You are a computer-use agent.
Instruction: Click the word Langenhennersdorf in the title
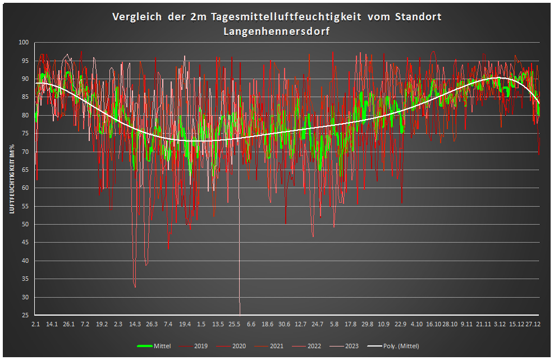(276, 31)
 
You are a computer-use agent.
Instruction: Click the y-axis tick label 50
(25, 225)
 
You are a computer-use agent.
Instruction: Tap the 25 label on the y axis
(25, 315)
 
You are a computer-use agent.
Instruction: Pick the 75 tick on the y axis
(25, 134)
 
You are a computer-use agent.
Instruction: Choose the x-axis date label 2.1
(35, 324)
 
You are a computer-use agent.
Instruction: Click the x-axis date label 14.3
(135, 324)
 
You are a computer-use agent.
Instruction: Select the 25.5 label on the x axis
(235, 324)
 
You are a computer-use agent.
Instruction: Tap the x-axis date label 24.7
(318, 324)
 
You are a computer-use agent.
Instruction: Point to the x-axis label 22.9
(400, 324)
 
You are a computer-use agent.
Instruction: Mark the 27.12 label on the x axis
(533, 324)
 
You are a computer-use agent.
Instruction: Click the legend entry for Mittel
(162, 346)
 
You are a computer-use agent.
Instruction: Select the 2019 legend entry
(200, 346)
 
